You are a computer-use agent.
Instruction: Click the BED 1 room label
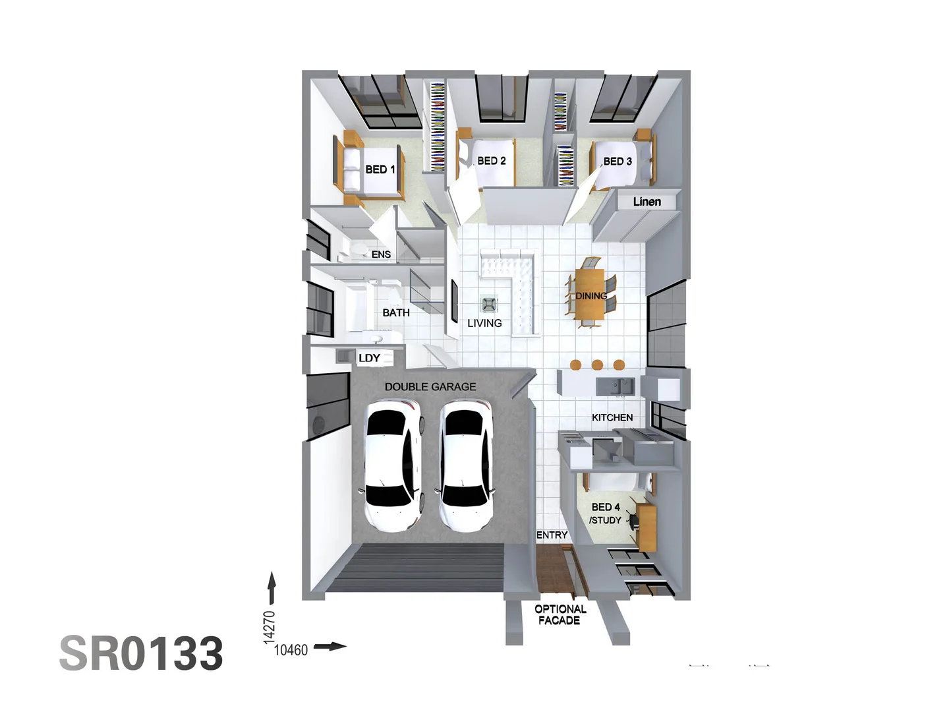pos(380,169)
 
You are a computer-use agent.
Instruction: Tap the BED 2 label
pos(492,161)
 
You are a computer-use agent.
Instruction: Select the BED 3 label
pos(618,162)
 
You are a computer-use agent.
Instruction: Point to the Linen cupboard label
pos(647,202)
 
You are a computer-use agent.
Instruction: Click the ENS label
pos(381,254)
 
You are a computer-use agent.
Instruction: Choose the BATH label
pos(396,312)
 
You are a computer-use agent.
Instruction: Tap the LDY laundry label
pos(369,358)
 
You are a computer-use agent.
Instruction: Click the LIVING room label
pos(484,323)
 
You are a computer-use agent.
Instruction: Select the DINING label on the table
pos(591,296)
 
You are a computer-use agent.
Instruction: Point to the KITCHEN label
pos(612,417)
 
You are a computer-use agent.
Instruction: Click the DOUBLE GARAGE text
pos(430,387)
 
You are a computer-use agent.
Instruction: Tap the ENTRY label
pos(552,535)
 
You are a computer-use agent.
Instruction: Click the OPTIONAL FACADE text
pos(560,614)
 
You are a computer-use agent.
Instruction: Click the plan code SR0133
pos(141,654)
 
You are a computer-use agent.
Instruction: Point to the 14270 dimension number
pos(269,627)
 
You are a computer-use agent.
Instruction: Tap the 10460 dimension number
pos(291,650)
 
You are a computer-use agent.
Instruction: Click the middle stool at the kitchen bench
pos(597,365)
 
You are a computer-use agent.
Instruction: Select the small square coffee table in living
pos(488,304)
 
